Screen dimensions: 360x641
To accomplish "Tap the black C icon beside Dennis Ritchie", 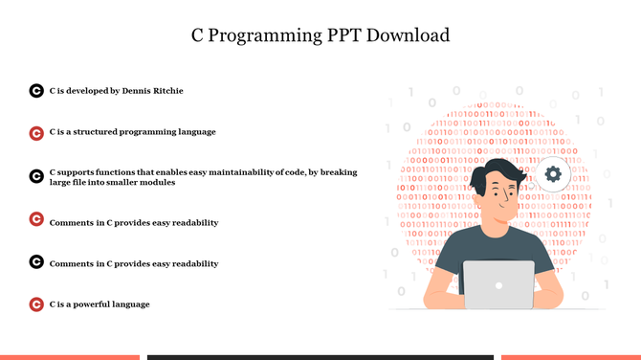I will tap(35, 91).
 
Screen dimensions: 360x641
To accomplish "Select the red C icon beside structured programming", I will tap(35, 132).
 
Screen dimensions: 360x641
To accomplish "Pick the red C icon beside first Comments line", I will tap(35, 220).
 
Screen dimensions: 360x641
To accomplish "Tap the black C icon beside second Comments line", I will tap(35, 262).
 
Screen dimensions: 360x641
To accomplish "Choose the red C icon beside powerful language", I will tap(35, 304).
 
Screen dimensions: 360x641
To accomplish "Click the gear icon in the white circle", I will tap(552, 174).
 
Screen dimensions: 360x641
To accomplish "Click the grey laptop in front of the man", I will tap(498, 284).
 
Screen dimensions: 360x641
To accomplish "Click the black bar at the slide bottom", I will tap(320, 356).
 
